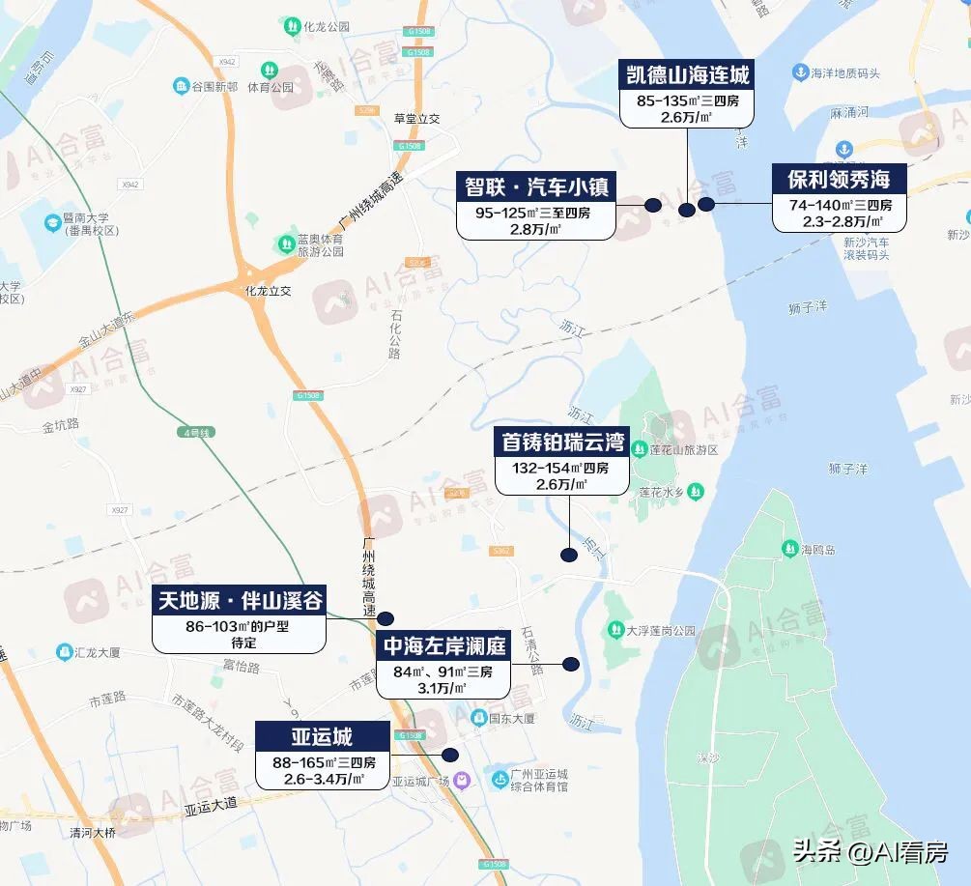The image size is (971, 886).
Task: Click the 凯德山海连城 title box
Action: pyautogui.click(x=686, y=74)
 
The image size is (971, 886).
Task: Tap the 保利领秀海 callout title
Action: pyautogui.click(x=839, y=179)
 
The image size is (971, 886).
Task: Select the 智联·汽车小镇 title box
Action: pyautogui.click(x=536, y=186)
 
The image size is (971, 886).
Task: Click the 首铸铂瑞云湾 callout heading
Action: pyautogui.click(x=561, y=442)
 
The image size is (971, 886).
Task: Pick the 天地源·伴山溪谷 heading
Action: pyautogui.click(x=239, y=601)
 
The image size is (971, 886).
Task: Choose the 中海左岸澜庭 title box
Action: pyautogui.click(x=443, y=645)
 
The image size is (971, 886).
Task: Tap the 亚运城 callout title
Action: pyautogui.click(x=323, y=736)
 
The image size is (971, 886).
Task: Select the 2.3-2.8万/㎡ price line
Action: pyautogui.click(x=839, y=221)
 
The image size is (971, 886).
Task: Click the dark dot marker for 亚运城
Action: pyautogui.click(x=449, y=756)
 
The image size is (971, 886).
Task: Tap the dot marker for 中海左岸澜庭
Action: pyautogui.click(x=571, y=664)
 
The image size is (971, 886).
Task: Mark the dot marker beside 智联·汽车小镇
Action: pyautogui.click(x=653, y=205)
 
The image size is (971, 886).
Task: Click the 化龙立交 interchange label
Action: pyautogui.click(x=269, y=290)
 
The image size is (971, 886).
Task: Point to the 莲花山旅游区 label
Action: pyautogui.click(x=682, y=450)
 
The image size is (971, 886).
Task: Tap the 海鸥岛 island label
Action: pyautogui.click(x=817, y=550)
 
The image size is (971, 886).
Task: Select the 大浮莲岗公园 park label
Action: pyautogui.click(x=661, y=631)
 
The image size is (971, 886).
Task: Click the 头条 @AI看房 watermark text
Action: pyautogui.click(x=870, y=852)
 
